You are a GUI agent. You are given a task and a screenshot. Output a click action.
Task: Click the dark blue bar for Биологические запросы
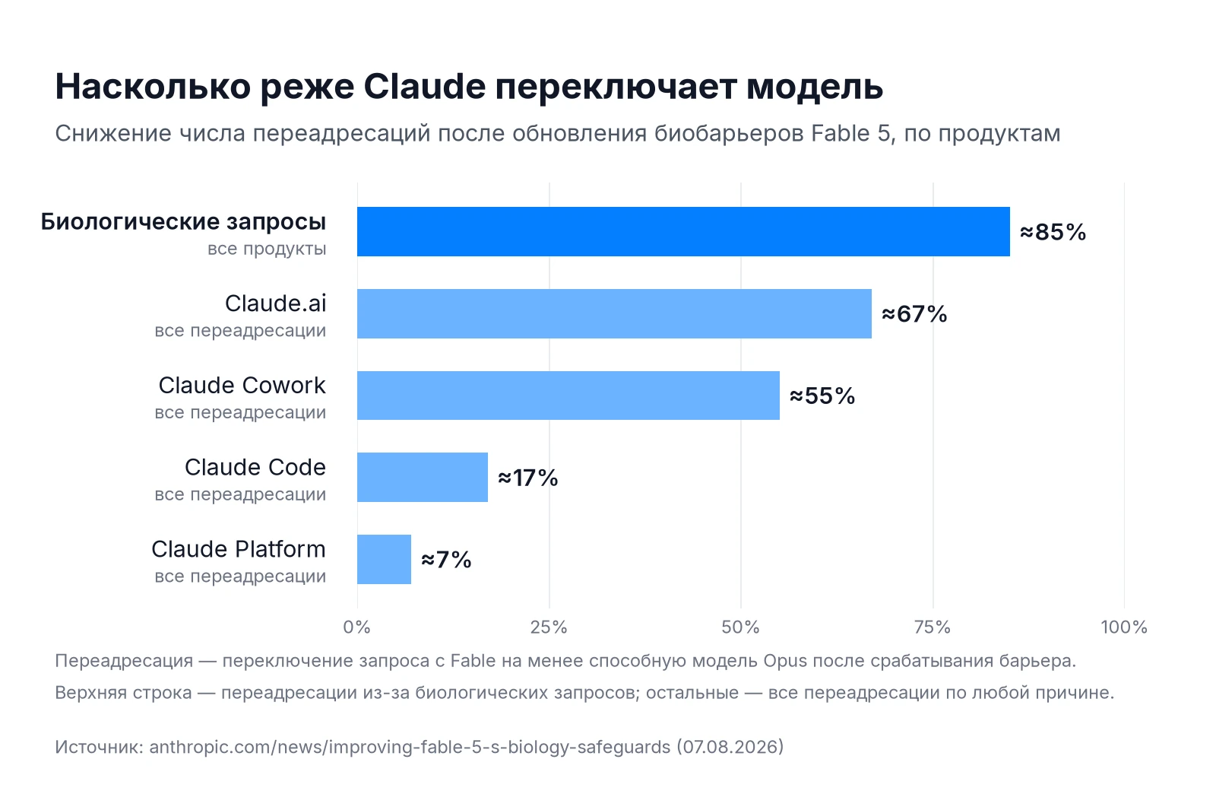pyautogui.click(x=683, y=231)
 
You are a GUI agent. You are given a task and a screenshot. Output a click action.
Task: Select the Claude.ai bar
pyautogui.click(x=615, y=313)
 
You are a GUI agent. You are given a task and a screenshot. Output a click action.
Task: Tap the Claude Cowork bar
pyautogui.click(x=568, y=395)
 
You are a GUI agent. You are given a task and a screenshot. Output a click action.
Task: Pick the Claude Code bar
pyautogui.click(x=423, y=477)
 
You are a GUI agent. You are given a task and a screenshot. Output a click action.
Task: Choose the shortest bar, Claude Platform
pyautogui.click(x=385, y=559)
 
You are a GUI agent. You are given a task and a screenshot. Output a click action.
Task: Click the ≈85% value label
pyautogui.click(x=1053, y=232)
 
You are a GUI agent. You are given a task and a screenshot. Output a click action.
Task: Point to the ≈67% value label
pyautogui.click(x=915, y=314)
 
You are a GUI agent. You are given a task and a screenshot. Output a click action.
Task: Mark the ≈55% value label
pyautogui.click(x=822, y=396)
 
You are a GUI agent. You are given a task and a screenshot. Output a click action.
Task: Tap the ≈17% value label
pyautogui.click(x=528, y=478)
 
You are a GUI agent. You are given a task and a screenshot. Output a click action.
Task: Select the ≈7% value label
pyautogui.click(x=446, y=560)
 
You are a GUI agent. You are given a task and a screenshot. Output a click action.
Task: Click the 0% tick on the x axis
pyautogui.click(x=357, y=627)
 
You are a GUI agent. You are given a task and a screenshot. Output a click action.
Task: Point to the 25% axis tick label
pyautogui.click(x=549, y=627)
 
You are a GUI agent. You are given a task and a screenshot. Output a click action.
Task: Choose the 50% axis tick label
pyautogui.click(x=741, y=627)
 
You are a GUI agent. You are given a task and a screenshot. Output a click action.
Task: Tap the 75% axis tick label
pyautogui.click(x=933, y=627)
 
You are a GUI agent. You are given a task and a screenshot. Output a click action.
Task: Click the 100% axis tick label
pyautogui.click(x=1124, y=627)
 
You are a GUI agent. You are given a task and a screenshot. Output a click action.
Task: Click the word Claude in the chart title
pyautogui.click(x=425, y=87)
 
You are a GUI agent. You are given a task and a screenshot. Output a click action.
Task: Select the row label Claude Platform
pyautogui.click(x=239, y=549)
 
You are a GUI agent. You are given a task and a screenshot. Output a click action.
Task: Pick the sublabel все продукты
pyautogui.click(x=267, y=249)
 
